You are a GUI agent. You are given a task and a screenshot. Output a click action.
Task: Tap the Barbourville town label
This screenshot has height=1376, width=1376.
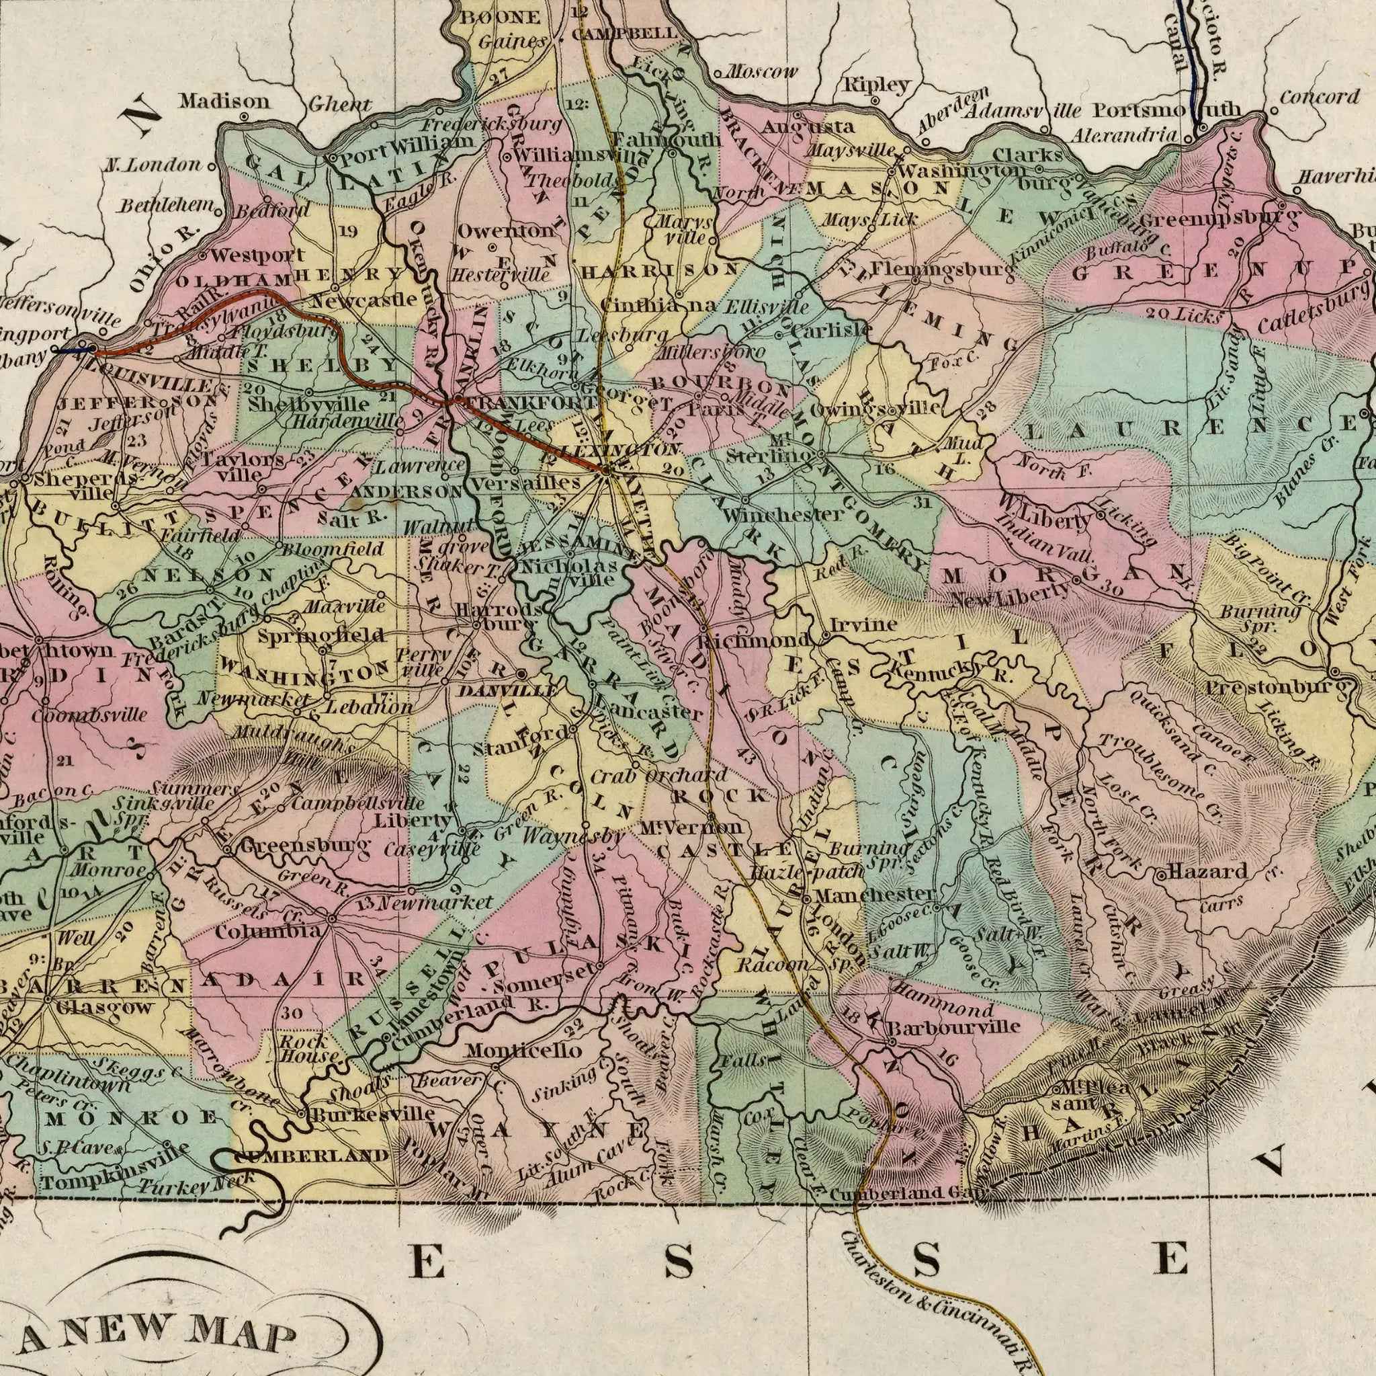pos(953,1027)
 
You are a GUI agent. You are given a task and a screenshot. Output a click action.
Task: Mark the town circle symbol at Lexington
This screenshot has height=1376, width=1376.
pos(605,471)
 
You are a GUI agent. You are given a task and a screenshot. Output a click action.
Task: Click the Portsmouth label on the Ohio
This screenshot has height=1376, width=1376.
pos(1168,110)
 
